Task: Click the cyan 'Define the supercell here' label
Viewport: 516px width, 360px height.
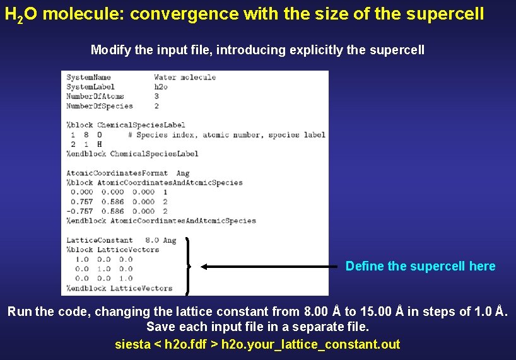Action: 420,266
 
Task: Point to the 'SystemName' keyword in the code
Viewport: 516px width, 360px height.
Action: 88,78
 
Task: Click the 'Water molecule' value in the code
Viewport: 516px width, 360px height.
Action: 185,78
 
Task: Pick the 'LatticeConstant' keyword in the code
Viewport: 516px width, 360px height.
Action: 100,240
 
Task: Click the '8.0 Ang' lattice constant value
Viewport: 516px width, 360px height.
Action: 161,240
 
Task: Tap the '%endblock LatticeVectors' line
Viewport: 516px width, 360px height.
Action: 119,288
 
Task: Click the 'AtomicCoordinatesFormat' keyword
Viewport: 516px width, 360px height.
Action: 117,173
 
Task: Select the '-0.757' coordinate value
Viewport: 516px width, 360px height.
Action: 79,211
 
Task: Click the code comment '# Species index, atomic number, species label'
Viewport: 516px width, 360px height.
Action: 226,134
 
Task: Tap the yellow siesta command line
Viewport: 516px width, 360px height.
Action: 257,344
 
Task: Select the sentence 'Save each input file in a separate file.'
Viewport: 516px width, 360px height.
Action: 257,327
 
